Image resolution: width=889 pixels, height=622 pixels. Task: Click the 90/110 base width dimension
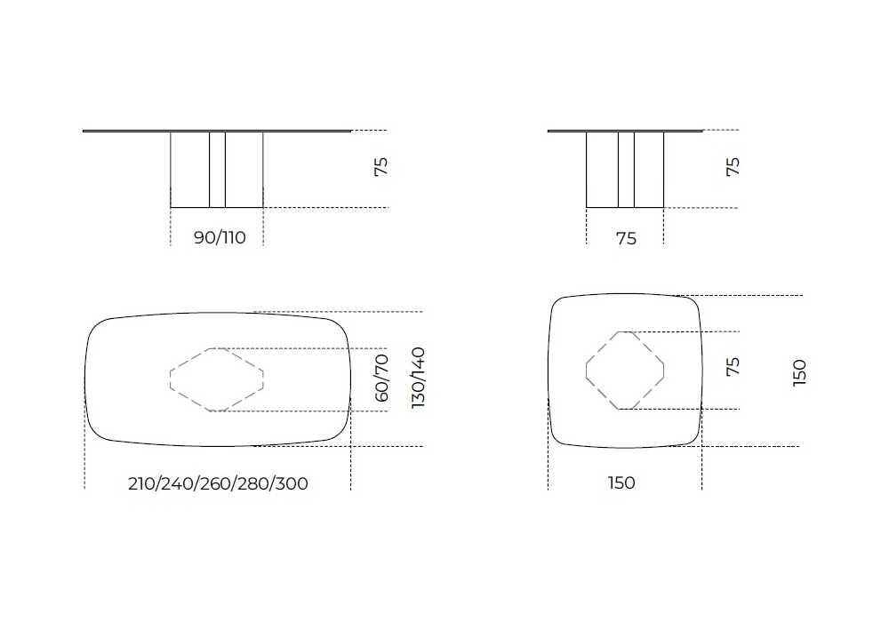tap(220, 237)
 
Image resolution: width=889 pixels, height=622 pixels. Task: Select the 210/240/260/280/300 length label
tap(219, 483)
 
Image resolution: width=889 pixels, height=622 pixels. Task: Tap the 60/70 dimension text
tap(381, 378)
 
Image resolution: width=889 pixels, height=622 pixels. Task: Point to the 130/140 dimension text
tap(418, 378)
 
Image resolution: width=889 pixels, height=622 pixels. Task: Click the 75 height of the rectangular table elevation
tap(381, 167)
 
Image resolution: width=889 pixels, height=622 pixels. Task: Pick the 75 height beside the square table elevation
tap(733, 167)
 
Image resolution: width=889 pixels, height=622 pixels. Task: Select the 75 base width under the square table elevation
tap(626, 238)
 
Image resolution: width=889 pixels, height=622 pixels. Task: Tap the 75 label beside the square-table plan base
tap(733, 366)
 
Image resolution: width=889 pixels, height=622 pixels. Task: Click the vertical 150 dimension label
tap(799, 372)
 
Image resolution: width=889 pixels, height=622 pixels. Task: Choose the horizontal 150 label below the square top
tap(621, 482)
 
